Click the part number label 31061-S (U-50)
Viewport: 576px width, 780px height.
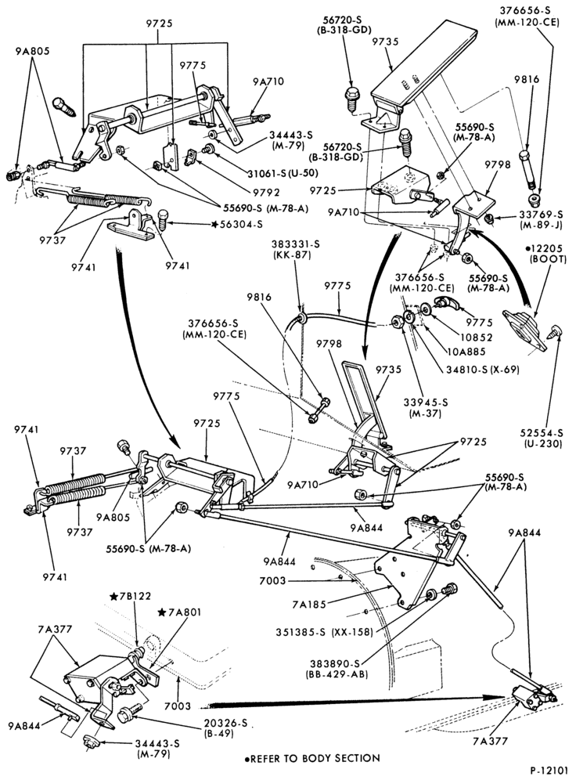point(283,174)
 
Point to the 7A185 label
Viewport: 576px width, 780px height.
point(310,605)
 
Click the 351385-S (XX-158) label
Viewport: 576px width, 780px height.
point(324,632)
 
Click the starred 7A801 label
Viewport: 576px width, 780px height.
point(179,612)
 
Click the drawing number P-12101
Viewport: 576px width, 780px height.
point(549,771)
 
